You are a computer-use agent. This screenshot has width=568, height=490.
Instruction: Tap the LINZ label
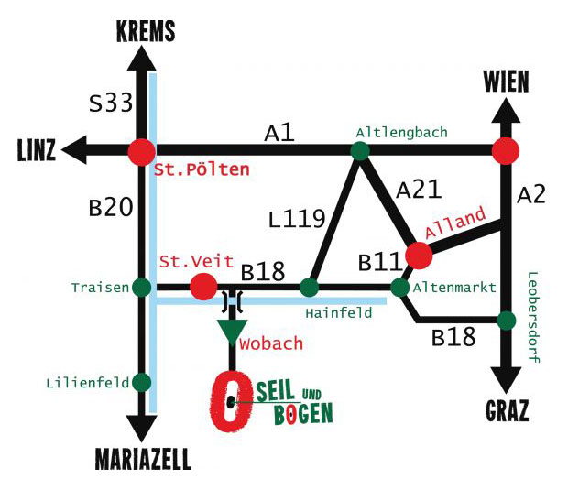[x=36, y=148]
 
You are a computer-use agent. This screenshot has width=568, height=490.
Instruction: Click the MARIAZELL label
[x=143, y=459]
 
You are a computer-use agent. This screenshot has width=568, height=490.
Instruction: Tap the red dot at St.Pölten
[x=141, y=152]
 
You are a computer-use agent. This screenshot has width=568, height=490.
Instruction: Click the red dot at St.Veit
[x=203, y=288]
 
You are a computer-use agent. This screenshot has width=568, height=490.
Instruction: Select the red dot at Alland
[x=419, y=255]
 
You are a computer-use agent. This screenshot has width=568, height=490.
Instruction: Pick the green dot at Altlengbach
[x=359, y=152]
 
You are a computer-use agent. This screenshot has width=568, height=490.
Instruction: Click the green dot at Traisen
[x=141, y=288]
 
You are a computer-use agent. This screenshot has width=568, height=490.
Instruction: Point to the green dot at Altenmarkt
[x=400, y=288]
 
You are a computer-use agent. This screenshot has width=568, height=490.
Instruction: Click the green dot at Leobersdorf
[x=505, y=321]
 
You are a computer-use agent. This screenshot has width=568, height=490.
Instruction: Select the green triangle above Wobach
[x=233, y=331]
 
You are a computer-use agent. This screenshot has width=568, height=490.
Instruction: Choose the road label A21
[x=420, y=190]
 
